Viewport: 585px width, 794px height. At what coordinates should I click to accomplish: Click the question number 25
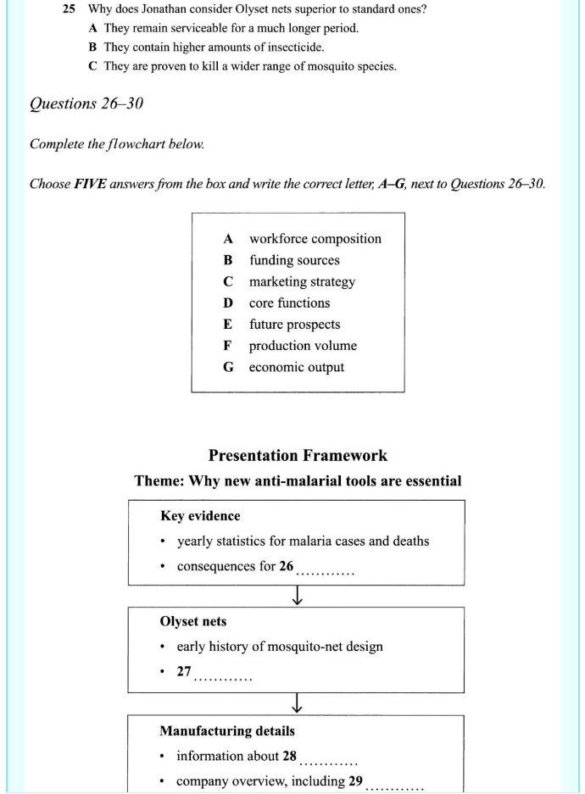coord(70,8)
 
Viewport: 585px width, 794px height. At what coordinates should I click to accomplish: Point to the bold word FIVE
coord(88,184)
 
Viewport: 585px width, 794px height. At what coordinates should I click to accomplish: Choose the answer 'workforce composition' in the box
coord(315,239)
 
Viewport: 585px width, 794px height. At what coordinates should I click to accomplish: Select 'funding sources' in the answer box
coord(293,260)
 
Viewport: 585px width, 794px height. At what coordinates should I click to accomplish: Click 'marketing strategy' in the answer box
coord(301,281)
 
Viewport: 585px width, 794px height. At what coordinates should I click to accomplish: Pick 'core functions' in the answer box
coord(289,303)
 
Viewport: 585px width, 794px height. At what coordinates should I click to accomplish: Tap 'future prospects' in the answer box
coord(294,325)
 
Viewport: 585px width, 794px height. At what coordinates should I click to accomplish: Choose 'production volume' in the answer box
coord(302,346)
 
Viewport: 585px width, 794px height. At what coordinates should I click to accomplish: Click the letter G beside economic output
coord(228,367)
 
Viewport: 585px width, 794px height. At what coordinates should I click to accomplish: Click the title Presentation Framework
coord(298,455)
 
